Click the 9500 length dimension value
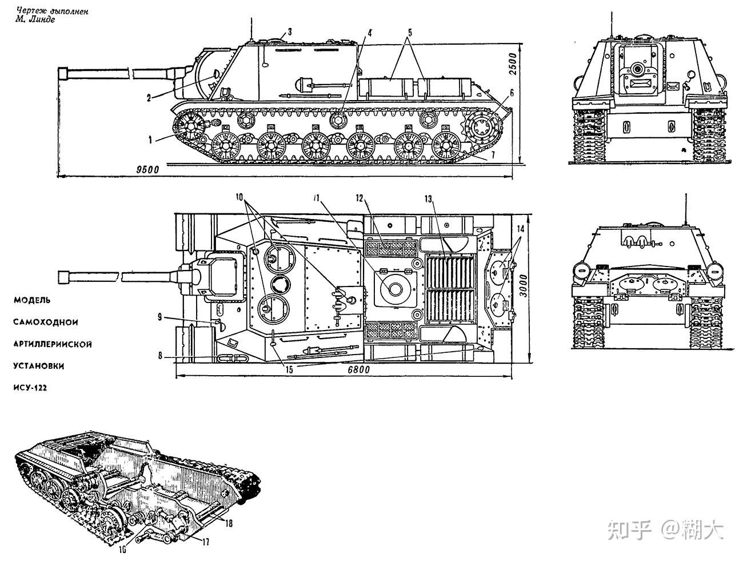coord(147,169)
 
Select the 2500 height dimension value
coord(513,64)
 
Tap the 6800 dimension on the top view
coord(359,370)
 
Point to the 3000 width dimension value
coord(523,286)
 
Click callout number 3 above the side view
coord(289,32)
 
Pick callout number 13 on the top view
coord(429,199)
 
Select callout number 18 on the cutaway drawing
coord(229,523)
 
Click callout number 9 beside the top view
coord(160,317)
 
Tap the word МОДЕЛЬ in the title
coord(32,300)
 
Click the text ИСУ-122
coord(30,388)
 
